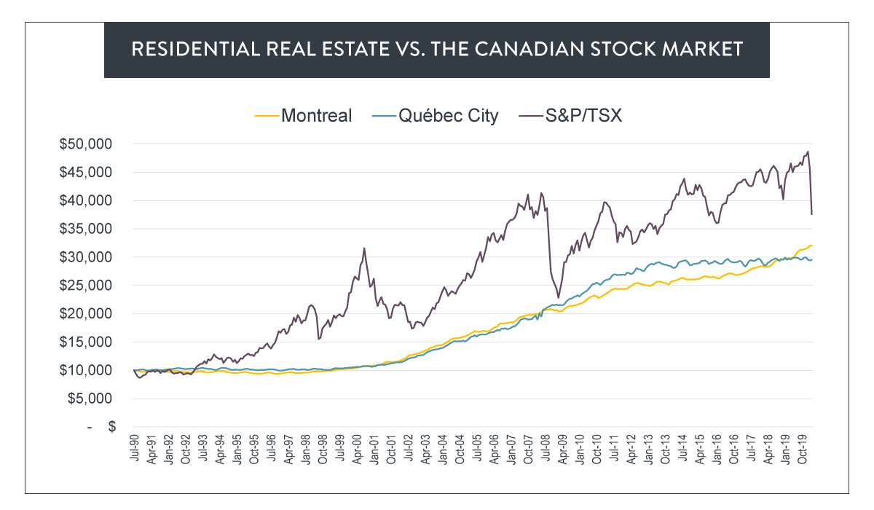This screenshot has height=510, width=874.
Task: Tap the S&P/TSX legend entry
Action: point(575,115)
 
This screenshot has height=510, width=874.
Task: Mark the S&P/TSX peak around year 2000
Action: point(364,248)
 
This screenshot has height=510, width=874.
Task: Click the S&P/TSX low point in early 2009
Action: point(558,297)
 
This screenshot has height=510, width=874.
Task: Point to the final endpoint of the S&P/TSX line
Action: point(812,213)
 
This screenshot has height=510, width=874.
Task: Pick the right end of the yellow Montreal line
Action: point(812,246)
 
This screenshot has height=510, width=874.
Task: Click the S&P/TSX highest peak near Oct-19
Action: point(808,152)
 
